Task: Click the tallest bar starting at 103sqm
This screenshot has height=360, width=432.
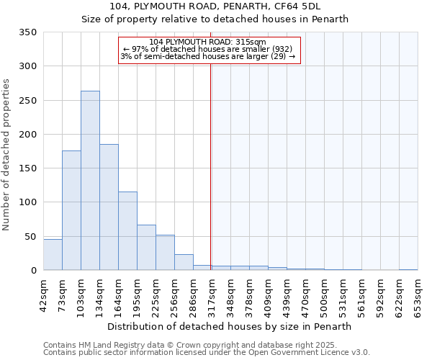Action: point(90,180)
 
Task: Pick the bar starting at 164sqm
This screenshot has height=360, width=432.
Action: point(127,231)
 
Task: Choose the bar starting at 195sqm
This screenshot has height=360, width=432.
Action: point(146,248)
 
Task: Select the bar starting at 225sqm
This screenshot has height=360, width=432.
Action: point(165,253)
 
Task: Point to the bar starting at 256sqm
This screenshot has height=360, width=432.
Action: point(184,263)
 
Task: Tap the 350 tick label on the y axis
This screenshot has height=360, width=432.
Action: point(27,32)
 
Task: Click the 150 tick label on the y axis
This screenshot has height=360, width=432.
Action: point(27,168)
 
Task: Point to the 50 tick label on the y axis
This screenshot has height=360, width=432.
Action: point(30,237)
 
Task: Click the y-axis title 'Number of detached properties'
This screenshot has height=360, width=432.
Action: point(6,155)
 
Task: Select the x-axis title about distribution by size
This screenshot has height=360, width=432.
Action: point(230,326)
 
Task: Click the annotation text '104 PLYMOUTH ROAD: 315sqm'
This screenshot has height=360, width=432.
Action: point(208,42)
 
